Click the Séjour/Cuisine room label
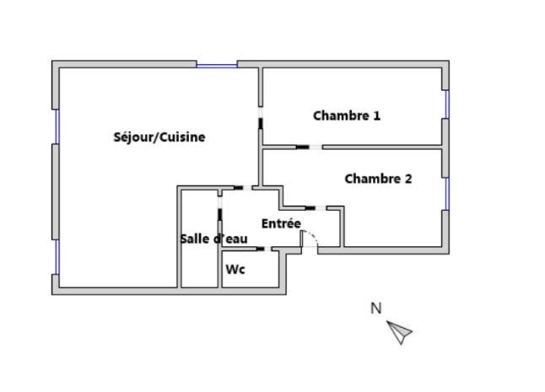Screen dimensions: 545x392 pyautogui.click(x=159, y=137)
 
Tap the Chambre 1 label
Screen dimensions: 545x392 pyautogui.click(x=347, y=115)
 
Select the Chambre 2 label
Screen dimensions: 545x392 pyautogui.click(x=378, y=179)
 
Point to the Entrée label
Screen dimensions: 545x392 pyautogui.click(x=281, y=223)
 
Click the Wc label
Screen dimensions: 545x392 pyautogui.click(x=235, y=269)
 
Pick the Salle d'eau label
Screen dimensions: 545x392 pyautogui.click(x=213, y=239)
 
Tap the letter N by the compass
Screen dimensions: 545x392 pyautogui.click(x=375, y=309)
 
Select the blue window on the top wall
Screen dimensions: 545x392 pyautogui.click(x=217, y=65)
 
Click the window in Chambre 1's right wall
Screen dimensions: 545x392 pyautogui.click(x=447, y=105)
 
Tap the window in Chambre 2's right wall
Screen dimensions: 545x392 pyautogui.click(x=447, y=194)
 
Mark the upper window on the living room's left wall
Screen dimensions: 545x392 pyautogui.click(x=57, y=126)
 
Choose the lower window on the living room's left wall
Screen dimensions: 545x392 pyautogui.click(x=57, y=257)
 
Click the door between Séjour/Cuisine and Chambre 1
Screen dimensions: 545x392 pyautogui.click(x=261, y=118)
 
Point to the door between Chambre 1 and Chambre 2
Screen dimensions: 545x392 pyautogui.click(x=309, y=148)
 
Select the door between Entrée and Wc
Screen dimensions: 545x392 pyautogui.click(x=264, y=249)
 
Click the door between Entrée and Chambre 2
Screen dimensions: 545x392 pyautogui.click(x=316, y=208)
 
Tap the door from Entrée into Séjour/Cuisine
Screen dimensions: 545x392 pyautogui.click(x=243, y=188)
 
